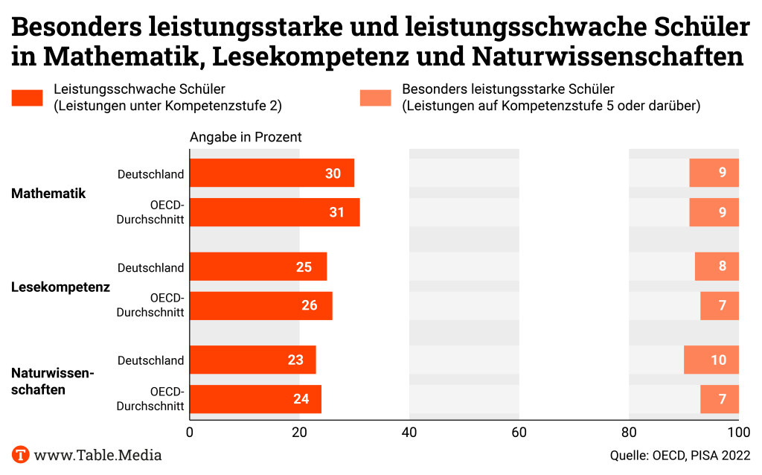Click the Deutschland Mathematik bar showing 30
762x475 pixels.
pyautogui.click(x=272, y=173)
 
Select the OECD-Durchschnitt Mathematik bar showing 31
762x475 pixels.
pyautogui.click(x=275, y=212)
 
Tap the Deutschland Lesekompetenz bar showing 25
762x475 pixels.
pyautogui.click(x=258, y=267)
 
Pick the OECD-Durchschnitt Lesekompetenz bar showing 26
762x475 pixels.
pyautogui.click(x=260, y=305)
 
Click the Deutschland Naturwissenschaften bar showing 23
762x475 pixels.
pyautogui.click(x=253, y=360)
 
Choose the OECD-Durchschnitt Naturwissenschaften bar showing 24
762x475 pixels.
pyautogui.click(x=255, y=399)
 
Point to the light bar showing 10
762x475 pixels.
pyautogui.click(x=711, y=360)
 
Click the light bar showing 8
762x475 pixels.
pyautogui.click(x=717, y=267)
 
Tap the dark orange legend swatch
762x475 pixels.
pyautogui.click(x=28, y=98)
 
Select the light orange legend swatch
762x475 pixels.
pyautogui.click(x=376, y=98)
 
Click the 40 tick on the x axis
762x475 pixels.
pyautogui.click(x=409, y=433)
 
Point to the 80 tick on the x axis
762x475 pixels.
pyautogui.click(x=629, y=433)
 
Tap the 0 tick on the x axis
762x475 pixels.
pyautogui.click(x=190, y=433)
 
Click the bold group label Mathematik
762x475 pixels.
pyautogui.click(x=48, y=193)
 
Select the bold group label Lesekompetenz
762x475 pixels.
pyautogui.click(x=60, y=287)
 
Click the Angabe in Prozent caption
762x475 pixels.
pyautogui.click(x=246, y=137)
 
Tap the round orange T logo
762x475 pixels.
pyautogui.click(x=20, y=454)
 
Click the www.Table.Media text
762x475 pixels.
pyautogui.click(x=97, y=454)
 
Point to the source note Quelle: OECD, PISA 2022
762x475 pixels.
pyautogui.click(x=679, y=455)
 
